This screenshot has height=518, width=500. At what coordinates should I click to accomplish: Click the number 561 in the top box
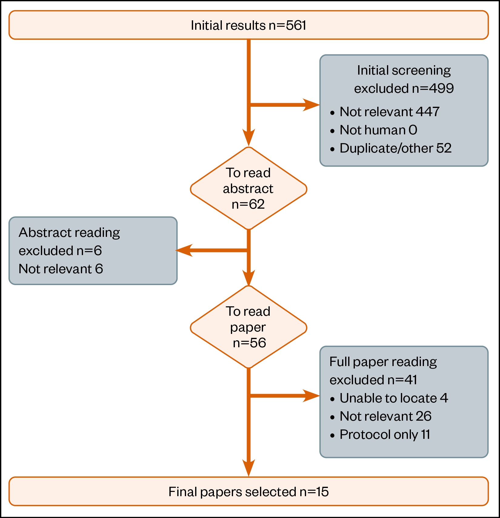[296, 25]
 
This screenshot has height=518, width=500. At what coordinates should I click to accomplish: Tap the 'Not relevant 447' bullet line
[389, 112]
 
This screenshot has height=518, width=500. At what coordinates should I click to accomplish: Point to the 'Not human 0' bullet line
[378, 130]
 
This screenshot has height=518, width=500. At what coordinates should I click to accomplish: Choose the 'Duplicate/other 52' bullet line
[395, 148]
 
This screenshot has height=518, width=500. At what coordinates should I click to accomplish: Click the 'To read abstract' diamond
[248, 188]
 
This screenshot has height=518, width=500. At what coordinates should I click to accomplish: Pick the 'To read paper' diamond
[248, 327]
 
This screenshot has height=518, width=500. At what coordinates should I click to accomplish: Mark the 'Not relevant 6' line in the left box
[61, 269]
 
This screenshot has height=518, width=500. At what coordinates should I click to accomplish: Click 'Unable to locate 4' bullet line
[394, 398]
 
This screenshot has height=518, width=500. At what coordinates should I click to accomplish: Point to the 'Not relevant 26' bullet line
[385, 416]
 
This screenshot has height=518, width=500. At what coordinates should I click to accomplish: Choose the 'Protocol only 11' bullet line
[385, 435]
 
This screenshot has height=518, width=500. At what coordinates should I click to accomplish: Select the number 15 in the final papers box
[322, 492]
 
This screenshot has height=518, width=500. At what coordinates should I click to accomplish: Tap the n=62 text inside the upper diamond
[248, 204]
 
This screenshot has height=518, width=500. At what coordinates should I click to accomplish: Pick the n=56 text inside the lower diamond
[249, 343]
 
